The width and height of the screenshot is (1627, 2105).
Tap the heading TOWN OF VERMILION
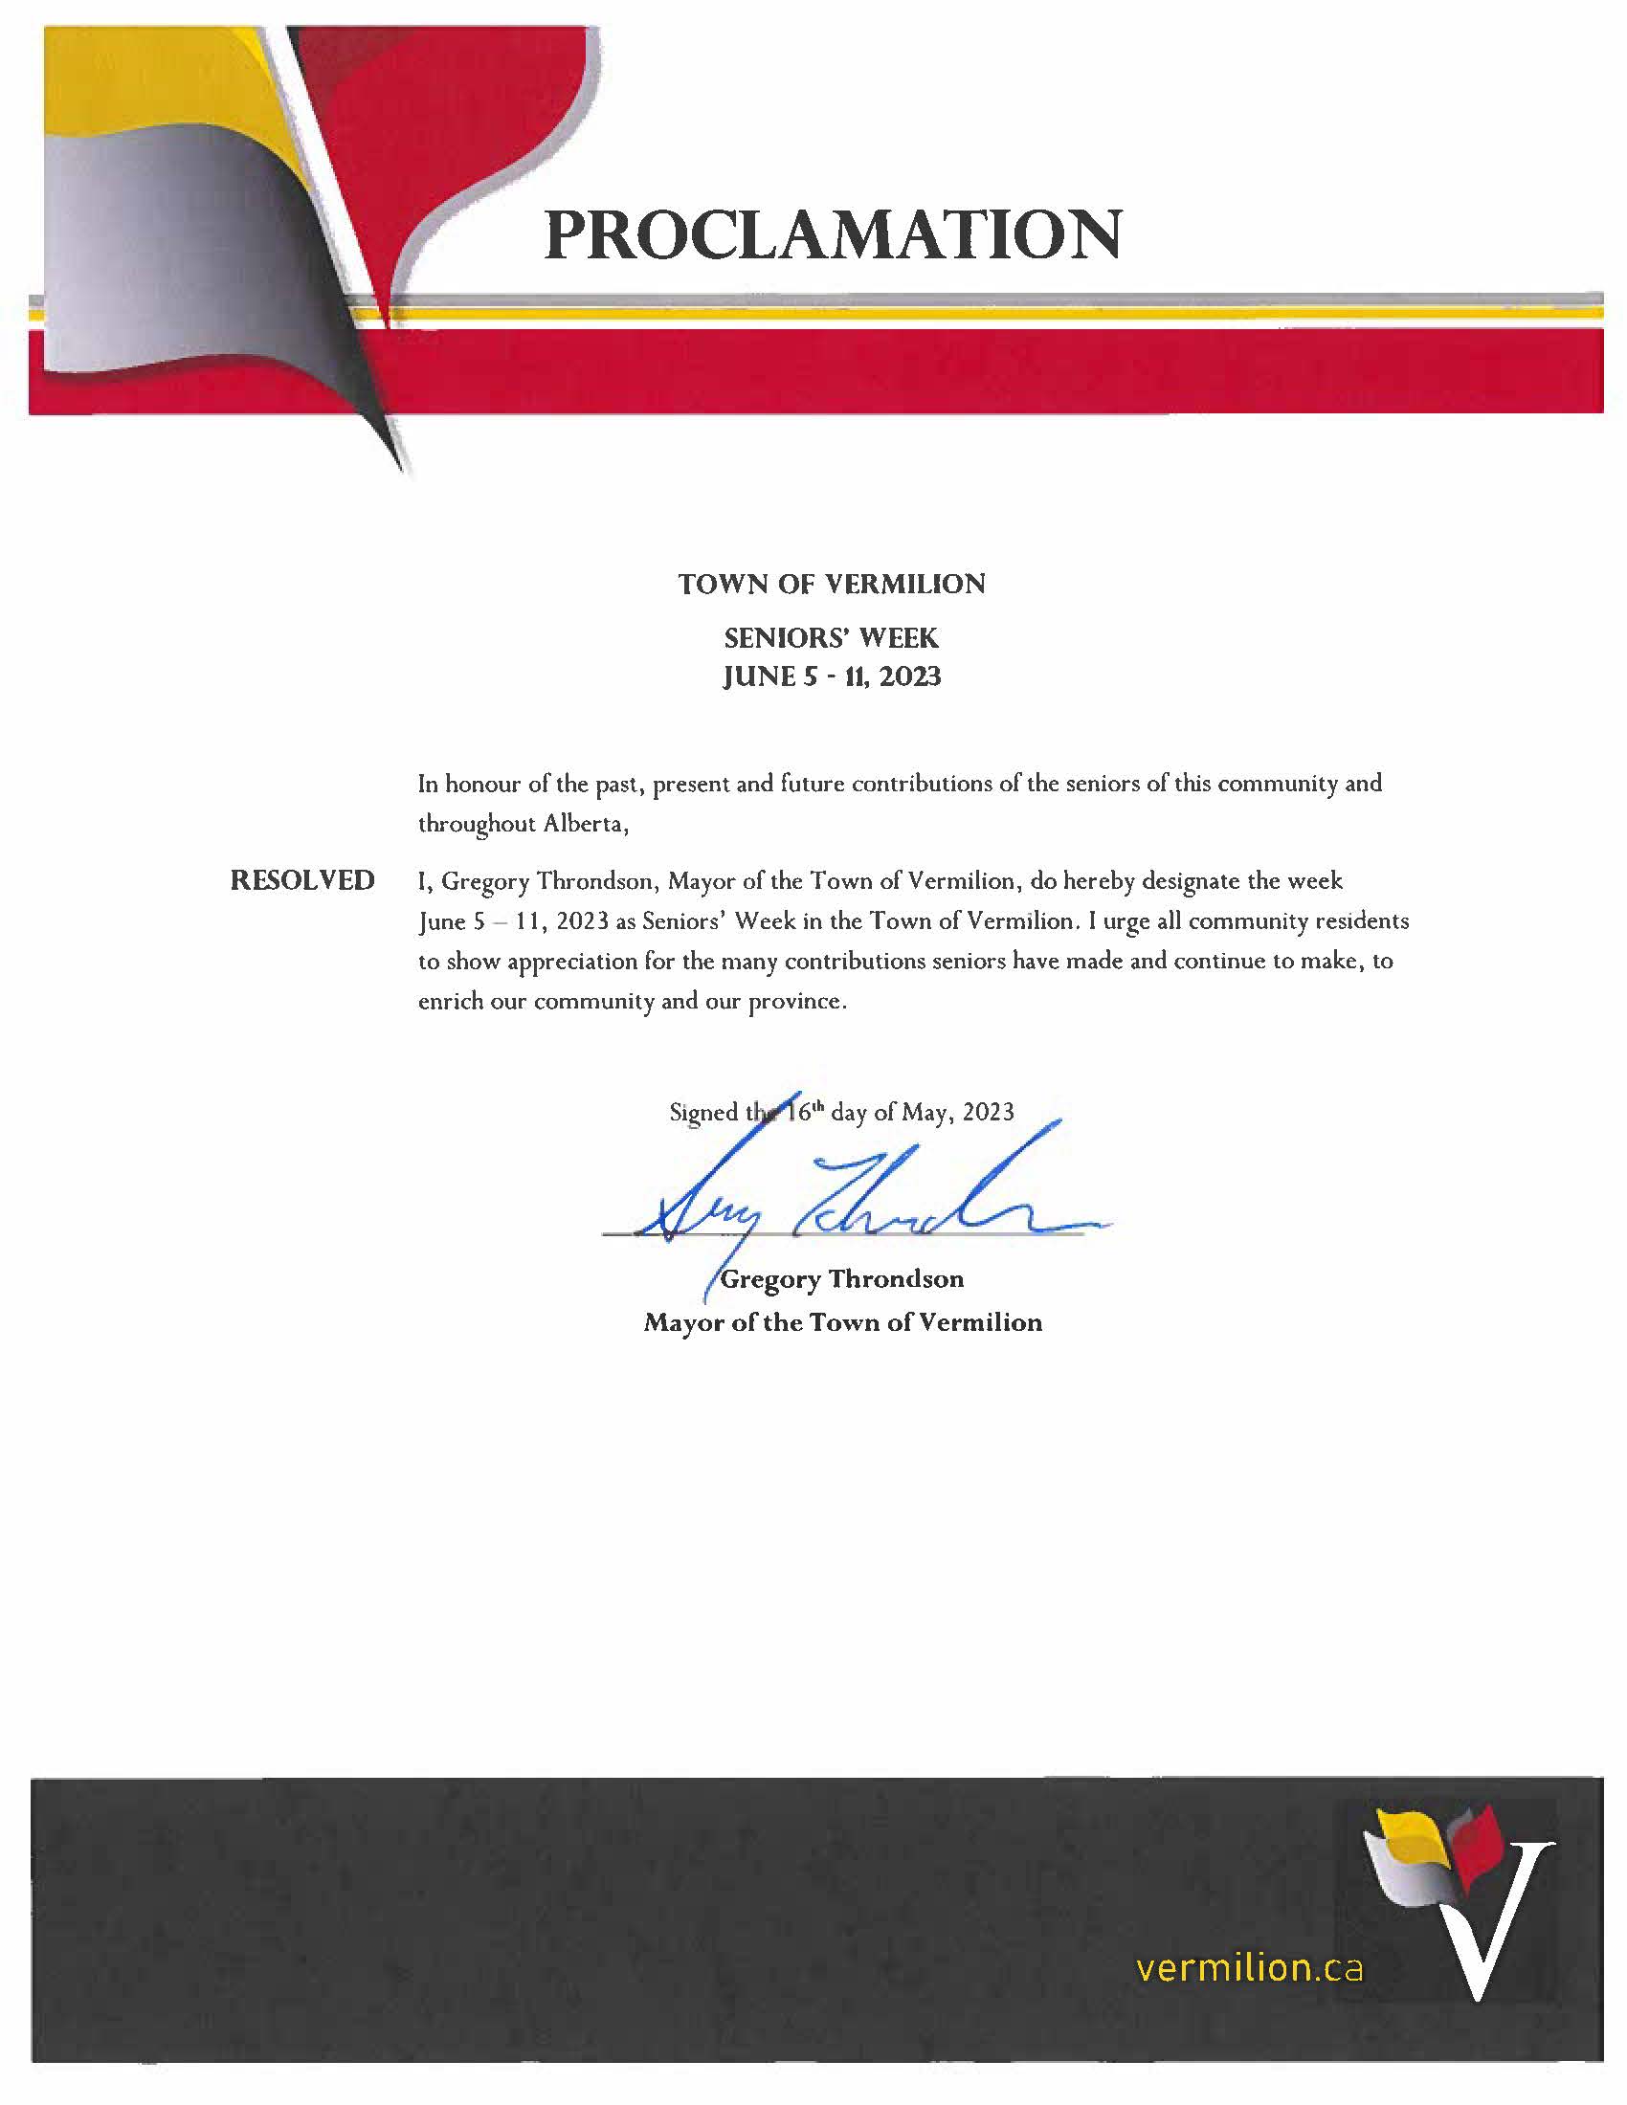coord(831,584)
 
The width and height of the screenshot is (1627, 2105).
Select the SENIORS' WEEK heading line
coord(831,637)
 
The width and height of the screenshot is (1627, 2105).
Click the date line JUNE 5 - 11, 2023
coord(831,676)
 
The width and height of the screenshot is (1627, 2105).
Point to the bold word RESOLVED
coord(301,880)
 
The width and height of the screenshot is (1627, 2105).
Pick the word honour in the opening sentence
coord(483,784)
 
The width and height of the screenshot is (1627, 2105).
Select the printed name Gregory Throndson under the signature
coord(841,1279)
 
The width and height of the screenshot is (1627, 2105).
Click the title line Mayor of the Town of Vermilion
coord(842,1322)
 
